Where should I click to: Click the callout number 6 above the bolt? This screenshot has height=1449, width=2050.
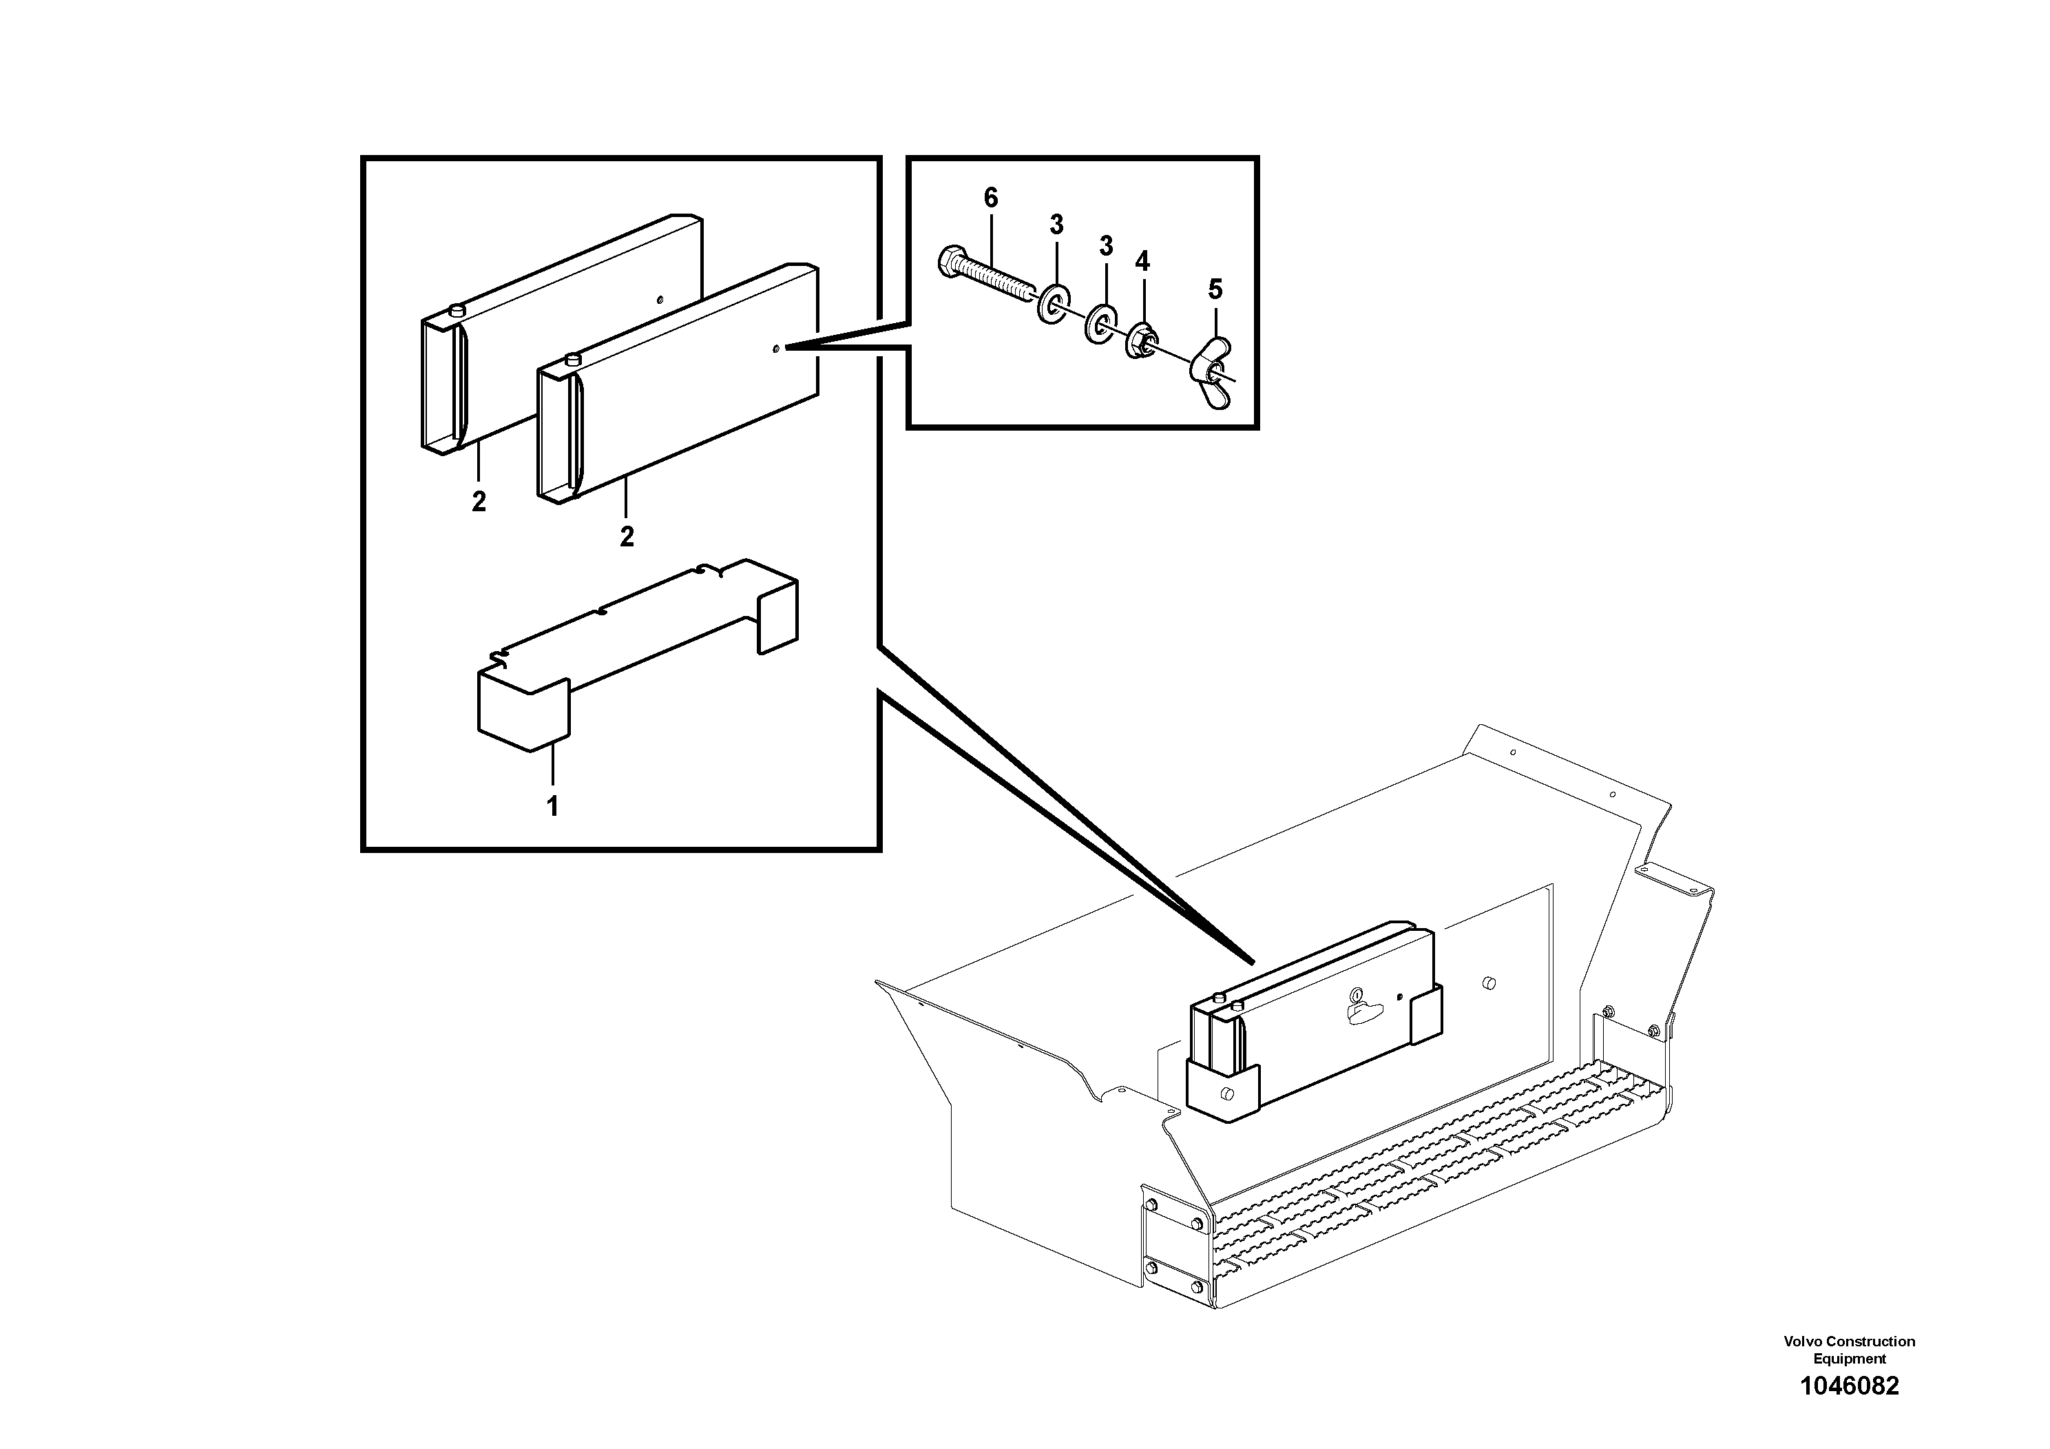pyautogui.click(x=990, y=198)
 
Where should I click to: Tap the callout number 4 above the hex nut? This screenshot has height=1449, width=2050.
pyautogui.click(x=1142, y=261)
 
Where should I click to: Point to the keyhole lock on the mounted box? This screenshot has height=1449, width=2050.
pyautogui.click(x=1357, y=994)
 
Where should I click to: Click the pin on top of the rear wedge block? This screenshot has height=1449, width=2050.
pyautogui.click(x=457, y=310)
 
